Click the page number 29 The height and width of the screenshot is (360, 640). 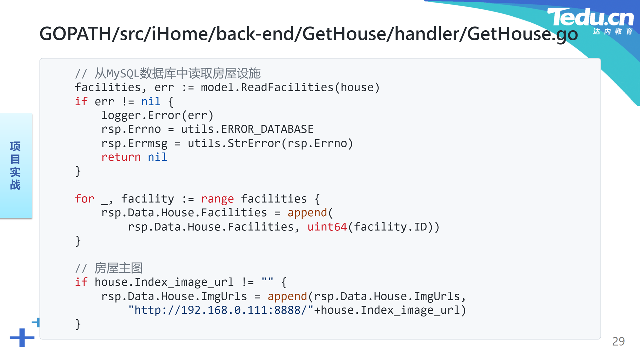[618, 341]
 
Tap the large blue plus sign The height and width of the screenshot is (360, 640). [22, 338]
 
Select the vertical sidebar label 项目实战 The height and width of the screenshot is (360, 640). [15, 166]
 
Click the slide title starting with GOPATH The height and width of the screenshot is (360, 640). [309, 34]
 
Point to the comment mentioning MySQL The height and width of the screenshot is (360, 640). [168, 73]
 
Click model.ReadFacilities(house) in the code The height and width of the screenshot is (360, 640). [290, 87]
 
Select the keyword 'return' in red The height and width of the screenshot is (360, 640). [121, 157]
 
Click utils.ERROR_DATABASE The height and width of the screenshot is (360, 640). [247, 129]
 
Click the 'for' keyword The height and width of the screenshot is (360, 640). [85, 199]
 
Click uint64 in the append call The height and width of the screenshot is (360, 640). [327, 227]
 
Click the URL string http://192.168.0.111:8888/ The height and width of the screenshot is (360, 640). [221, 310]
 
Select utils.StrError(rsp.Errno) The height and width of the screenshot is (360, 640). [270, 143]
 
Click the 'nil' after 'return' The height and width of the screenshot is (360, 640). [157, 157]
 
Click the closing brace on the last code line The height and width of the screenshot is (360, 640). [78, 324]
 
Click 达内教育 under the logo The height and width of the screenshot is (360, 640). [613, 31]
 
